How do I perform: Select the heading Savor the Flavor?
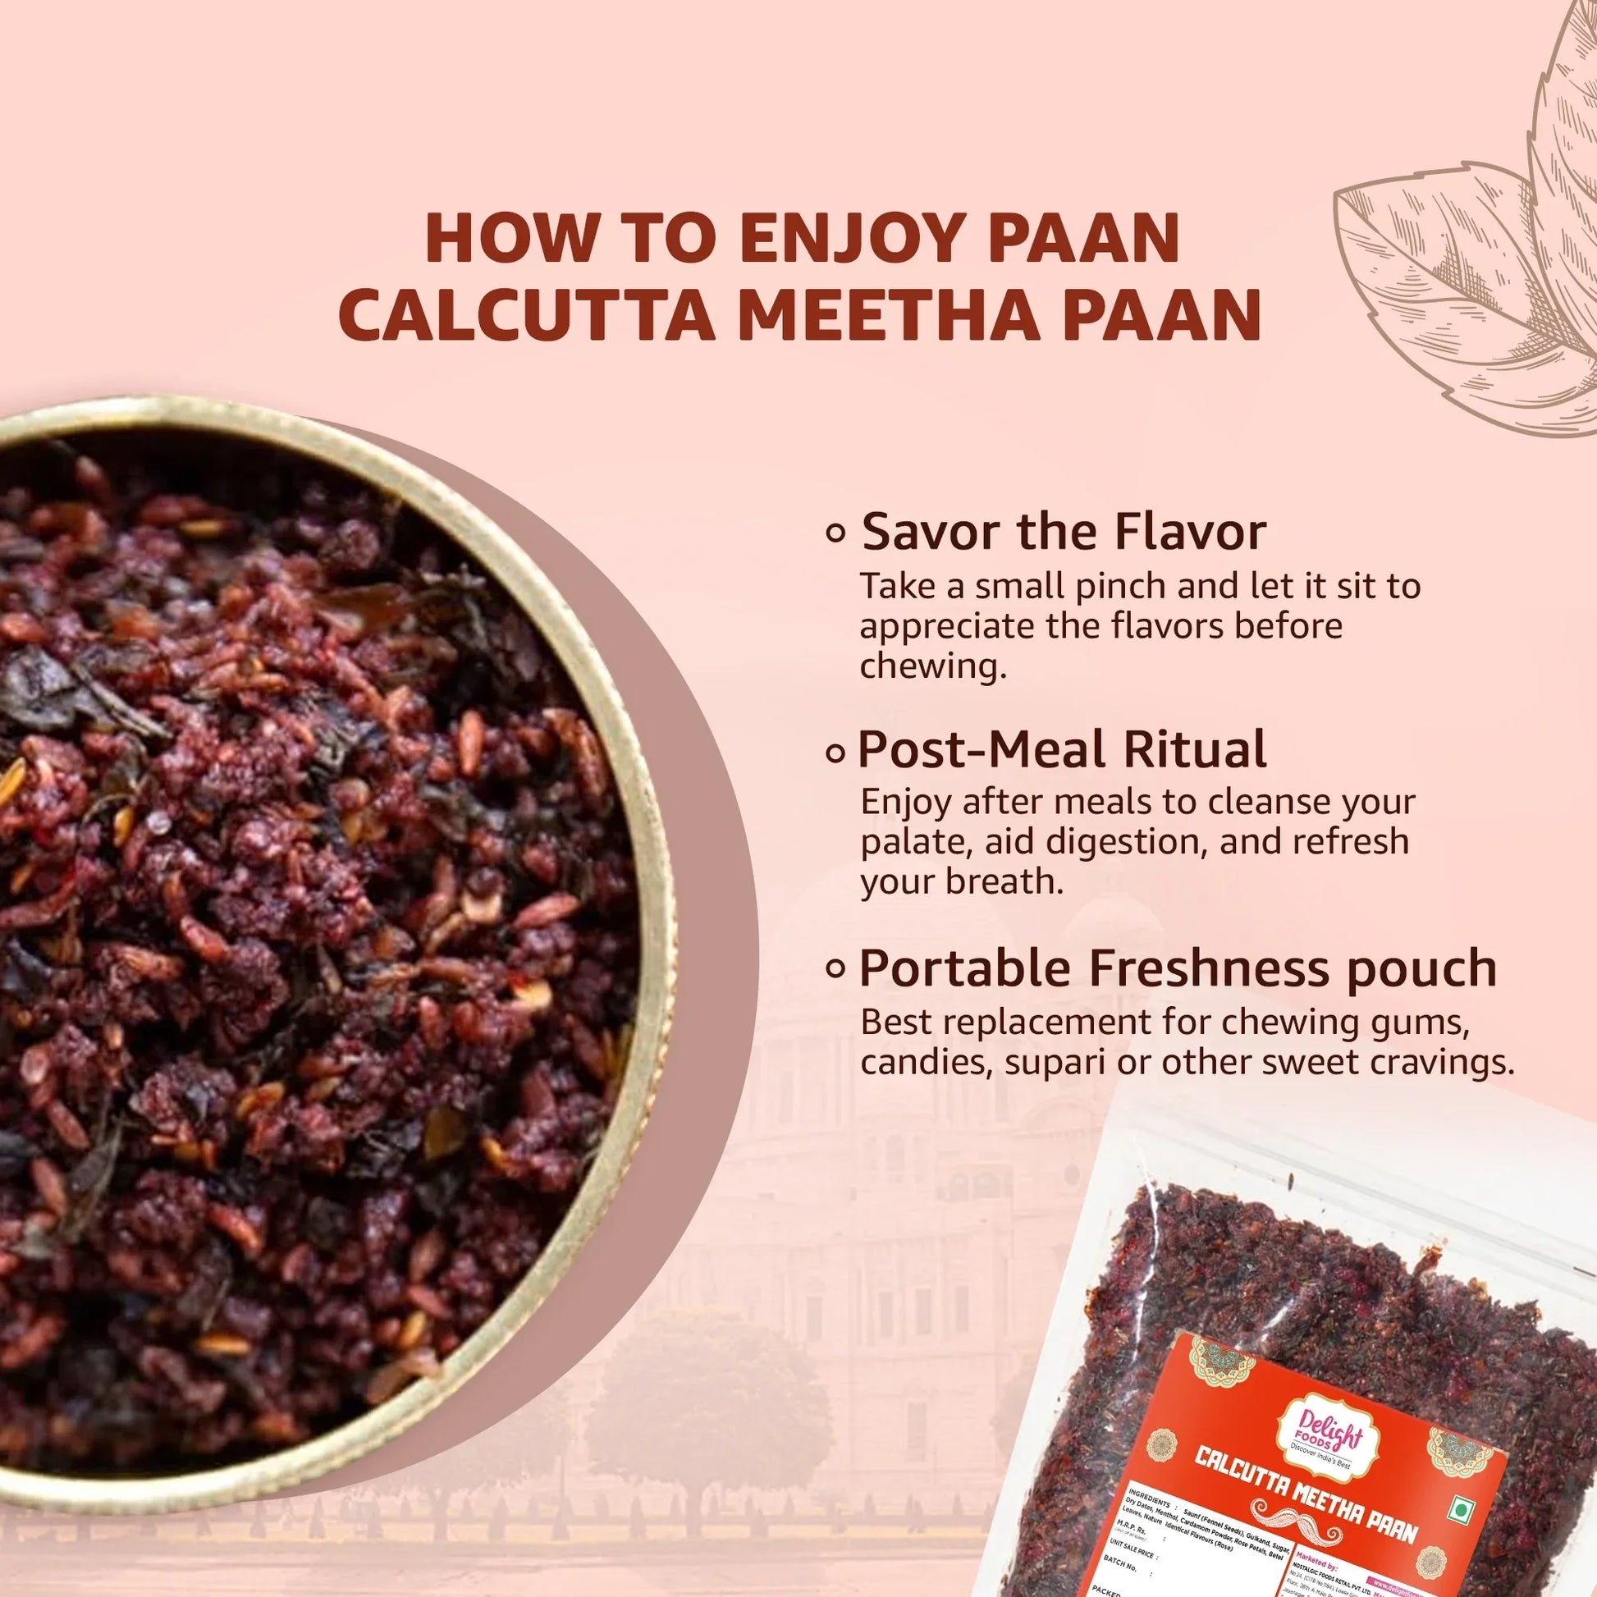1063,532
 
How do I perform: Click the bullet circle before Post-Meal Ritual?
835,753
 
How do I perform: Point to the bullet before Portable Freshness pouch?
835,968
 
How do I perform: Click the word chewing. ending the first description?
933,666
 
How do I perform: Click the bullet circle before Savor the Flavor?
835,534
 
